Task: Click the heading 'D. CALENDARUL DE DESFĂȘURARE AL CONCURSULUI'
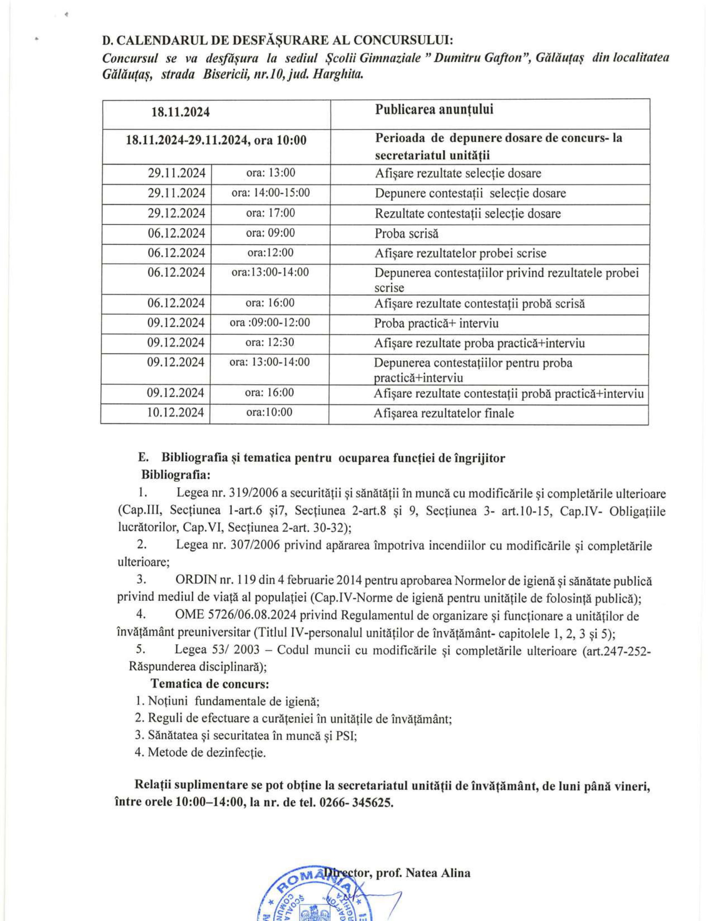[278, 40]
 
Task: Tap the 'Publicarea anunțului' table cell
[434, 110]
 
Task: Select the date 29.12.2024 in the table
[176, 213]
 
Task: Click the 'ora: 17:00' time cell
[270, 213]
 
